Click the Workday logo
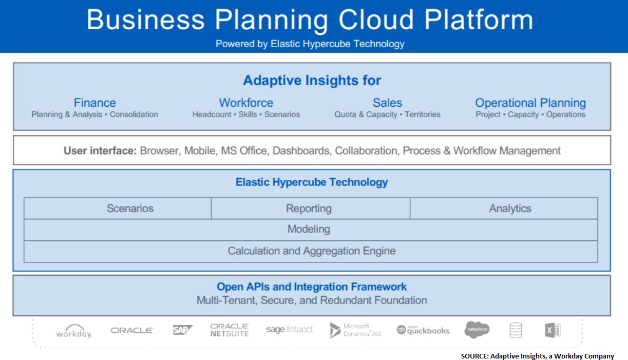pyautogui.click(x=74, y=331)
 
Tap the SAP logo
pyautogui.click(x=183, y=330)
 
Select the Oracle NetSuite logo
pyautogui.click(x=230, y=330)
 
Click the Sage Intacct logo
pyautogui.click(x=290, y=329)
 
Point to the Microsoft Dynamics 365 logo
pyautogui.click(x=355, y=330)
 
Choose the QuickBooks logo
pyautogui.click(x=424, y=330)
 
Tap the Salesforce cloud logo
pyautogui.click(x=477, y=330)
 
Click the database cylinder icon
pyautogui.click(x=516, y=330)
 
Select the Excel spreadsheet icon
pyautogui.click(x=553, y=330)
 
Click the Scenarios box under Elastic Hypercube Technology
pyautogui.click(x=118, y=209)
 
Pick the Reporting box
pyautogui.click(x=311, y=209)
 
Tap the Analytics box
pyautogui.click(x=504, y=209)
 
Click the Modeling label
pyautogui.click(x=309, y=229)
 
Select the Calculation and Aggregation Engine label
pyautogui.click(x=312, y=251)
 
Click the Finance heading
pyautogui.click(x=95, y=103)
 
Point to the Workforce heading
pyautogui.click(x=246, y=103)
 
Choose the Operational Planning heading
pyautogui.click(x=530, y=103)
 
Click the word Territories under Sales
pyautogui.click(x=423, y=115)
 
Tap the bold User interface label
pyautogui.click(x=100, y=150)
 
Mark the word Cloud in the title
pyautogui.click(x=376, y=20)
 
